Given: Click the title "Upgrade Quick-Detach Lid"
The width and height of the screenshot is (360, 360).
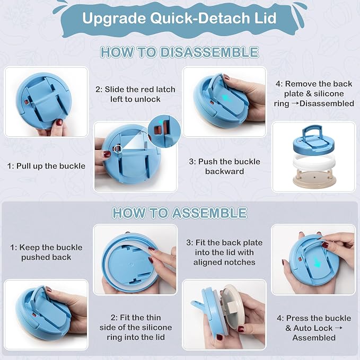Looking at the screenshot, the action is pyautogui.click(x=179, y=18).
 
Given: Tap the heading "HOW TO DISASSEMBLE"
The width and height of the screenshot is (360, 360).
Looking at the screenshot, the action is pyautogui.click(x=180, y=52).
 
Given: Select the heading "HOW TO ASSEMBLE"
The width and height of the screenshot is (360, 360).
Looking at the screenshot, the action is pyautogui.click(x=180, y=213).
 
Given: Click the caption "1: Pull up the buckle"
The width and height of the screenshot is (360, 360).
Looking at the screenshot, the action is pyautogui.click(x=46, y=166).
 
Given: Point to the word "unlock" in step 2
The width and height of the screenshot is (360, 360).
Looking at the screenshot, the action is pyautogui.click(x=147, y=99).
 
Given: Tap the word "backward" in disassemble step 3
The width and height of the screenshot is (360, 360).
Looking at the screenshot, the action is pyautogui.click(x=225, y=171).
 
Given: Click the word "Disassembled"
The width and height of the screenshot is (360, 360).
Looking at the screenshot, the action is pyautogui.click(x=327, y=103).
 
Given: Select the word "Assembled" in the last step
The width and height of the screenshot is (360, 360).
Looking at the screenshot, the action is pyautogui.click(x=314, y=338).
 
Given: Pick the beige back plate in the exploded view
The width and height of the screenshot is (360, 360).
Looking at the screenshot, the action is pyautogui.click(x=314, y=180).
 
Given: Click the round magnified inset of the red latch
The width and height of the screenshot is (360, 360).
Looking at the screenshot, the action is pyautogui.click(x=164, y=131).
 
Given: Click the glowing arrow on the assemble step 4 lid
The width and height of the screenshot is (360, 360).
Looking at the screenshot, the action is pyautogui.click(x=317, y=262).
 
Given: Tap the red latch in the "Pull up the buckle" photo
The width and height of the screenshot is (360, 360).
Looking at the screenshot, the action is pyautogui.click(x=27, y=102).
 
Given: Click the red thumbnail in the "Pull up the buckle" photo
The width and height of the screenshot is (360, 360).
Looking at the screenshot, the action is pyautogui.click(x=59, y=122).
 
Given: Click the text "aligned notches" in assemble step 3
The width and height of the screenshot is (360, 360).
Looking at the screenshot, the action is pyautogui.click(x=224, y=262).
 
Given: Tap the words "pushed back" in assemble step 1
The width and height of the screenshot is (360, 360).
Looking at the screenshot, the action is pyautogui.click(x=46, y=257).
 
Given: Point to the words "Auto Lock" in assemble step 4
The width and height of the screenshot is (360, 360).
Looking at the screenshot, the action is pyautogui.click(x=313, y=328).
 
